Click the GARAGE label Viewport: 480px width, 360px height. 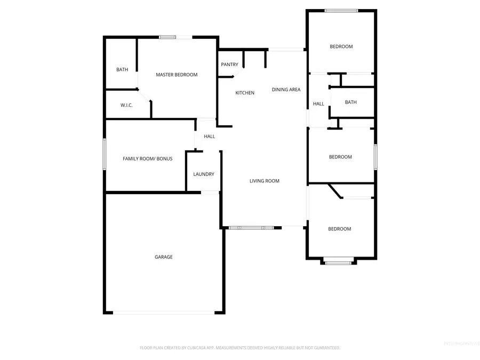(164, 257)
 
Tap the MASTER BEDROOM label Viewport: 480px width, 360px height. (177, 75)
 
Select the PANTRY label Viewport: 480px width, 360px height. (230, 65)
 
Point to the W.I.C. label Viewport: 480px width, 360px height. (126, 105)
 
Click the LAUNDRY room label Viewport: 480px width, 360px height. (204, 174)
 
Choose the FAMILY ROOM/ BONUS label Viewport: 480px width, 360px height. (148, 158)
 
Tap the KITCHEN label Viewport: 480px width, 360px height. (245, 93)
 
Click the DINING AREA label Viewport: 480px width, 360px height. (286, 90)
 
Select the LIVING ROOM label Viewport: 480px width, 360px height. (265, 181)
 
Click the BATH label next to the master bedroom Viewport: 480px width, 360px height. (122, 69)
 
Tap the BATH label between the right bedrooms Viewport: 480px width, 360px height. (351, 102)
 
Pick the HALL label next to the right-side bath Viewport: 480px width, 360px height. (318, 103)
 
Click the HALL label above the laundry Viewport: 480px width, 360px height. (210, 137)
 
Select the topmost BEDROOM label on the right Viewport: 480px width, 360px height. (341, 46)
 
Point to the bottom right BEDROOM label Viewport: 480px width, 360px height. (340, 229)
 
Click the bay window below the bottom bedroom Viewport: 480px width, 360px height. (339, 261)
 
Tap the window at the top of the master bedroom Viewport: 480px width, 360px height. (168, 37)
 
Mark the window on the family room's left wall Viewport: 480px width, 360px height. (105, 154)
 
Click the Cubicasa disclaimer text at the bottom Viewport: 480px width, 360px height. (240, 348)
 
